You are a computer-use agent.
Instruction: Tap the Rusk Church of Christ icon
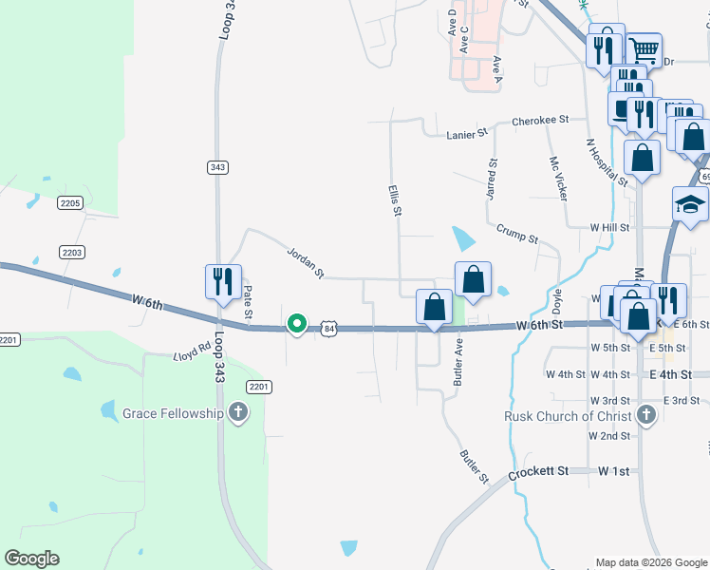[646, 415]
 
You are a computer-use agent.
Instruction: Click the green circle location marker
[297, 325]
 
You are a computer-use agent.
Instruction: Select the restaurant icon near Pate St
[223, 281]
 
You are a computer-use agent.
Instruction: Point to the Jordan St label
[306, 263]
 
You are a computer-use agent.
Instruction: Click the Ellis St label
[392, 200]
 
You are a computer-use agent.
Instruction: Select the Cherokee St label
[539, 121]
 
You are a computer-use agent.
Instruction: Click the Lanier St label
[466, 135]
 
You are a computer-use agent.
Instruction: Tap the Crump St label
[517, 234]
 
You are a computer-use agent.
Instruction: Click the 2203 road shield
[71, 252]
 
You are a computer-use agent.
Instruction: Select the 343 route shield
[217, 167]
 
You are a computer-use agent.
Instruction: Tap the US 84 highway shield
[328, 328]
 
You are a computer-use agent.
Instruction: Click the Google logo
[31, 559]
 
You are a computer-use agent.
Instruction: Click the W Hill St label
[609, 228]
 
